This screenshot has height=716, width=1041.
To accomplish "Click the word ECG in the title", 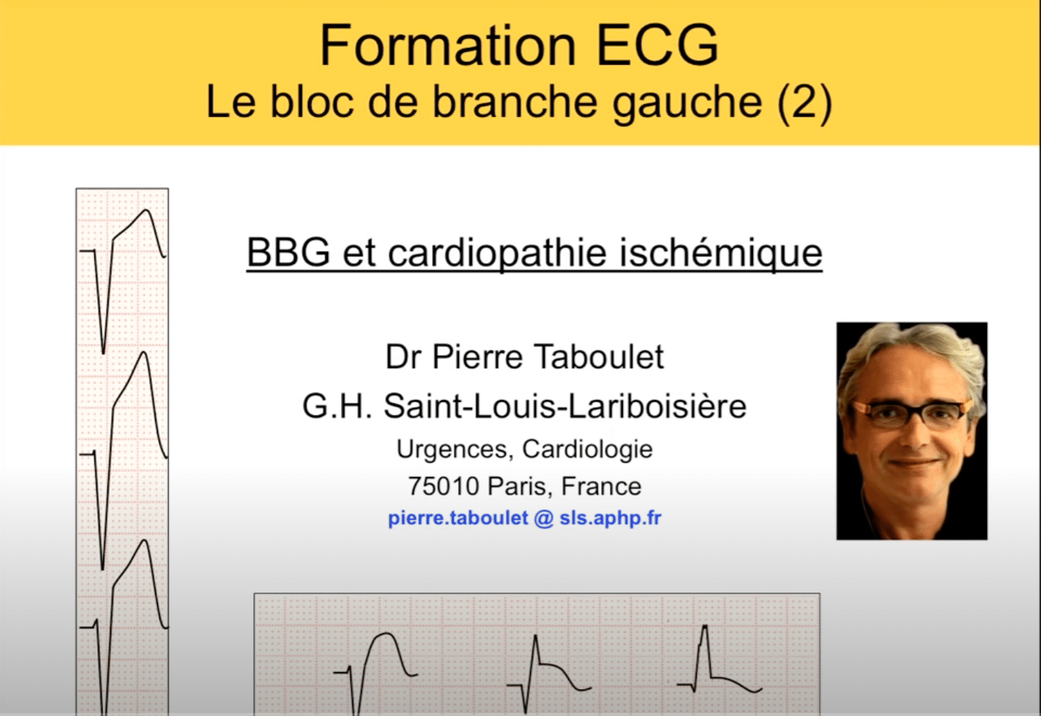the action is [658, 46].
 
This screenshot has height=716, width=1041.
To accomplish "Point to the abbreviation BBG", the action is [288, 253].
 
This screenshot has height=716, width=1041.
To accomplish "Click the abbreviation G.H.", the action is [337, 406].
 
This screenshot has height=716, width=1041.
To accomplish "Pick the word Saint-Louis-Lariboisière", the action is [565, 406].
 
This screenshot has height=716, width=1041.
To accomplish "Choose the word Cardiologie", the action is [588, 450].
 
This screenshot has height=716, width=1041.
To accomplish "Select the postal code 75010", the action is [443, 487].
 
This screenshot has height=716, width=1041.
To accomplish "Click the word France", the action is [602, 487].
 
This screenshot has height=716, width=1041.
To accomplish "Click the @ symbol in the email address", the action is [544, 518].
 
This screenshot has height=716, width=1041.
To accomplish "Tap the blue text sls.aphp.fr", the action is [610, 518].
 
